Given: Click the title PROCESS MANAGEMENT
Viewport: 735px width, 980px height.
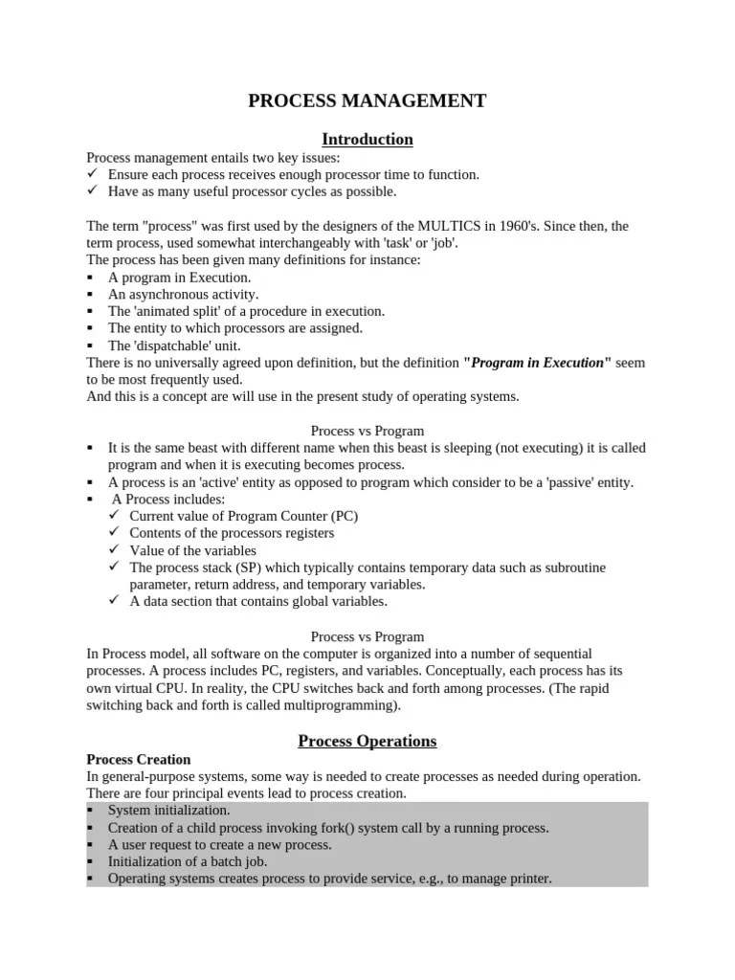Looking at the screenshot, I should click(x=367, y=100).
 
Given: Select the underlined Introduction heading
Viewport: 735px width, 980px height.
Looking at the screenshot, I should click(x=367, y=140).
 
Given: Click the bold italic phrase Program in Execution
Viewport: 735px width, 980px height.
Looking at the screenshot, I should click(x=536, y=363).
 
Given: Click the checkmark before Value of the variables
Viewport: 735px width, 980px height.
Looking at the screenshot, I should click(x=113, y=550).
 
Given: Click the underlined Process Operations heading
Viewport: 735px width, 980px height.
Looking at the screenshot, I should click(x=367, y=741).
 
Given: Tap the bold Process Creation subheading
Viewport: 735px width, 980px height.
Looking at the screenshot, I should click(x=139, y=759).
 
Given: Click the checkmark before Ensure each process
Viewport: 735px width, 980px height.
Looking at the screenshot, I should click(x=92, y=175).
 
